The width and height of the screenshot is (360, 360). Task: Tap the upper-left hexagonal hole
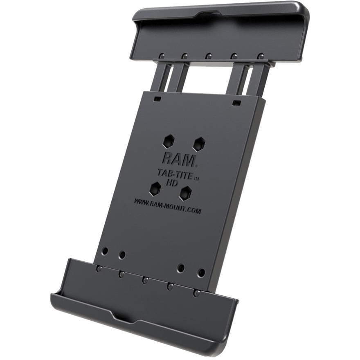(x=168, y=142)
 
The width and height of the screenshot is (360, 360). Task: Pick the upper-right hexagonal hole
(x=199, y=144)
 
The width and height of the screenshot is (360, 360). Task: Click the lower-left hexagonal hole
(x=155, y=189)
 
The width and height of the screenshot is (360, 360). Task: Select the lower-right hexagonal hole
(x=186, y=193)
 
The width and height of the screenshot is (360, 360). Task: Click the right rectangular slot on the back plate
(x=236, y=103)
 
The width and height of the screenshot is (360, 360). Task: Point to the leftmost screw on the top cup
(x=162, y=55)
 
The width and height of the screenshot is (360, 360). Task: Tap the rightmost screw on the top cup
(x=260, y=56)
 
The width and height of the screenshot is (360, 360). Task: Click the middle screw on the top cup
(x=209, y=56)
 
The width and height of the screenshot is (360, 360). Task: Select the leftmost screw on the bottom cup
(x=99, y=269)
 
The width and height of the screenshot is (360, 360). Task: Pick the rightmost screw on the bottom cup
(x=197, y=293)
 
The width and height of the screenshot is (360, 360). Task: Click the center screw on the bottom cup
(x=145, y=280)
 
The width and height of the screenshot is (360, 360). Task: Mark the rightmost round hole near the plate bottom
(x=201, y=272)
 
